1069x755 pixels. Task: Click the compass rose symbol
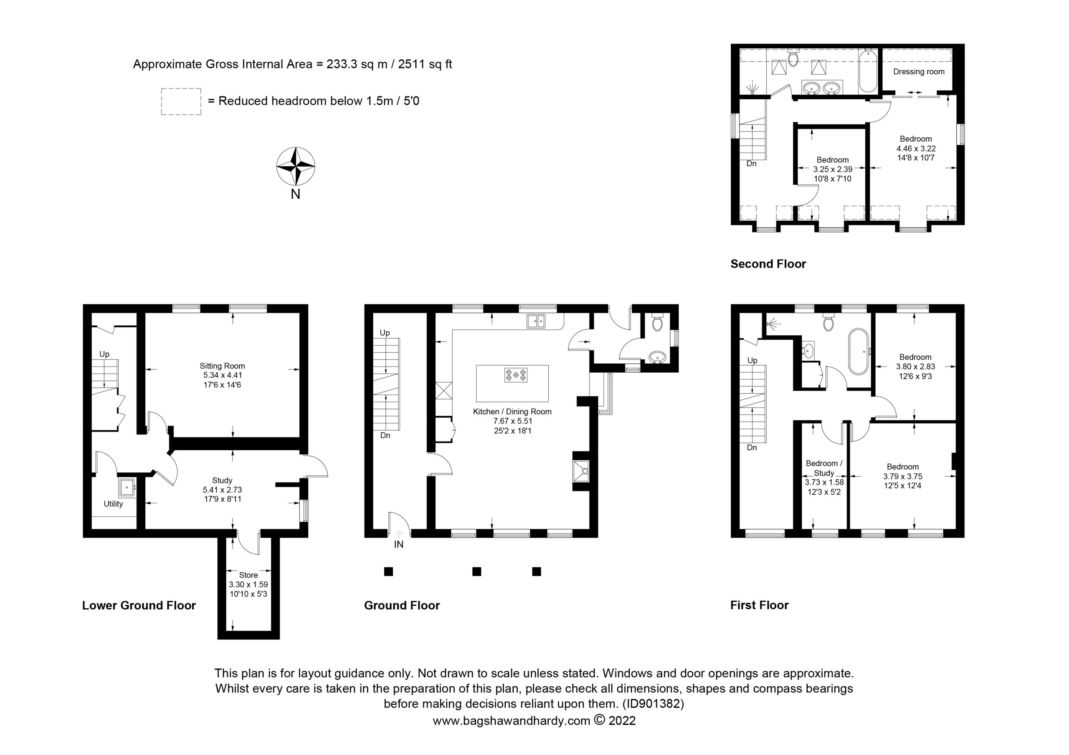[296, 166]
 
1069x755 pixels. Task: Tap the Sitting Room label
[222, 366]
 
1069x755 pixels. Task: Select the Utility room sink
[127, 487]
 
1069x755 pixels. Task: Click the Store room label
[248, 575]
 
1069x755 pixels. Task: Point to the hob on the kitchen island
[515, 375]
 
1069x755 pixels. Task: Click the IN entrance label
[398, 544]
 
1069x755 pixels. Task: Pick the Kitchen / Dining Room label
[512, 412]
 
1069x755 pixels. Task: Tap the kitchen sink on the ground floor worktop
[536, 321]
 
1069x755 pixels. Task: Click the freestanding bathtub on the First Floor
[858, 351]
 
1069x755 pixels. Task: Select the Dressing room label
[919, 72]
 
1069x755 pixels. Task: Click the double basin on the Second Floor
[822, 88]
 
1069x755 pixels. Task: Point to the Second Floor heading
[768, 264]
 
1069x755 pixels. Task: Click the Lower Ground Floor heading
[139, 605]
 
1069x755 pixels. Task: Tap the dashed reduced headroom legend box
[181, 101]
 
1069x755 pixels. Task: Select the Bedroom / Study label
[824, 468]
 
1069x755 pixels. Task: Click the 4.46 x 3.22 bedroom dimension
[916, 149]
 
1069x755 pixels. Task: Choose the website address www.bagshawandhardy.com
[511, 721]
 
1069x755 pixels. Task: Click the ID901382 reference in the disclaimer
[653, 704]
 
